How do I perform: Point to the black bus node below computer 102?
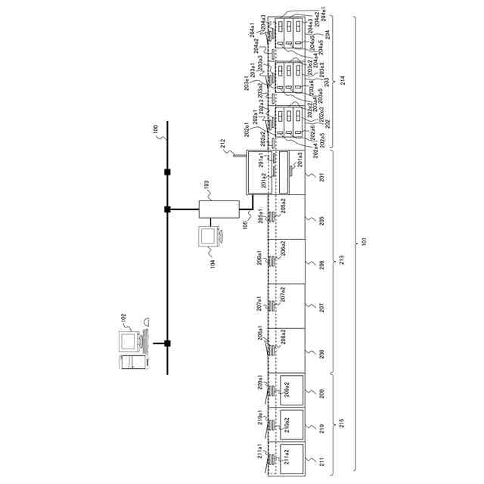click(x=167, y=343)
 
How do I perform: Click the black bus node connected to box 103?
click(x=167, y=209)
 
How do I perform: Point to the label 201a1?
click(x=261, y=161)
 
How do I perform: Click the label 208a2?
click(x=282, y=337)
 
